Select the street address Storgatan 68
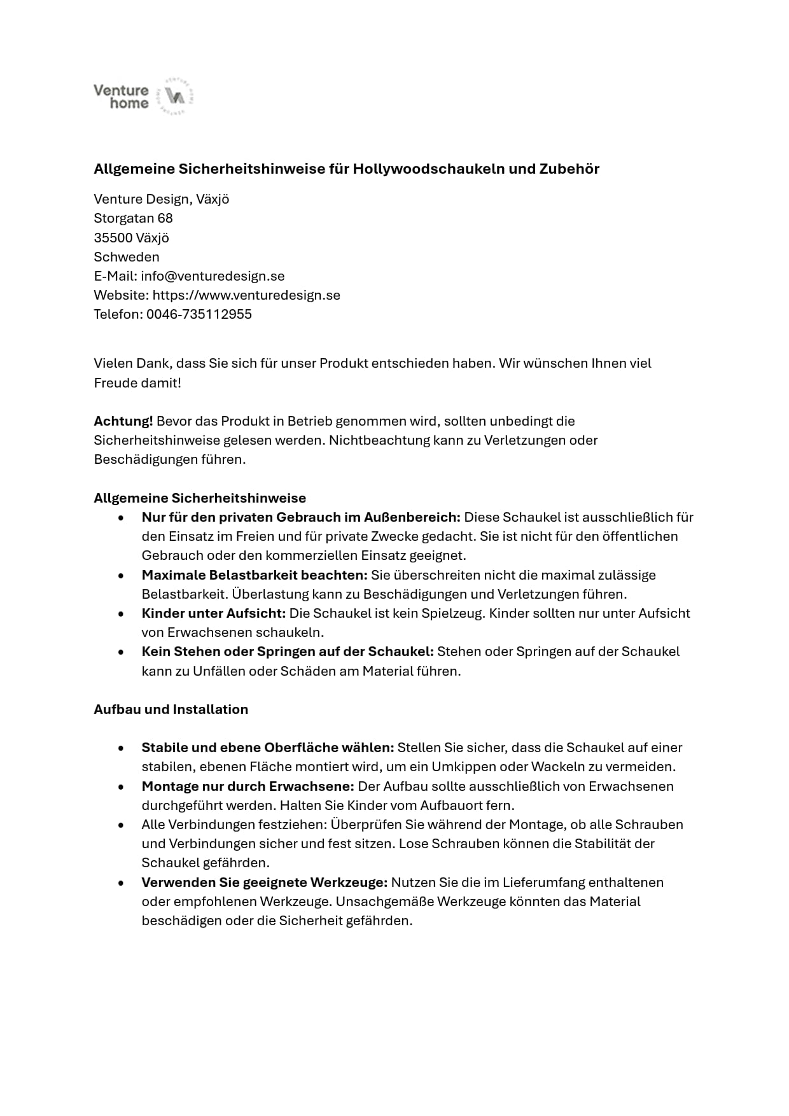click(x=133, y=218)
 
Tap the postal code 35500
click(x=113, y=238)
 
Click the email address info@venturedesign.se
click(x=213, y=276)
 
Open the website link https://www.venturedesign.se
click(x=246, y=295)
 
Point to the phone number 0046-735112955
click(x=199, y=314)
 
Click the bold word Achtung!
click(x=123, y=421)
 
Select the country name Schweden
click(x=126, y=257)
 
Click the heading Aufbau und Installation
click(x=171, y=709)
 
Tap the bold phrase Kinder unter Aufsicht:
click(x=213, y=613)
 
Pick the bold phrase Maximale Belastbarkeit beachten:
click(x=255, y=575)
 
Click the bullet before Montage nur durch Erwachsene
click(x=121, y=787)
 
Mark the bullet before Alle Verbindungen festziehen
click(x=121, y=825)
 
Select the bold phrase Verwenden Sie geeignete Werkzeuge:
click(x=264, y=882)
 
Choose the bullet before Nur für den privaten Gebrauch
click(x=121, y=518)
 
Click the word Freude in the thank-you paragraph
click(x=115, y=383)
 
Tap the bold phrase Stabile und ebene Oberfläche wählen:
click(x=267, y=748)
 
